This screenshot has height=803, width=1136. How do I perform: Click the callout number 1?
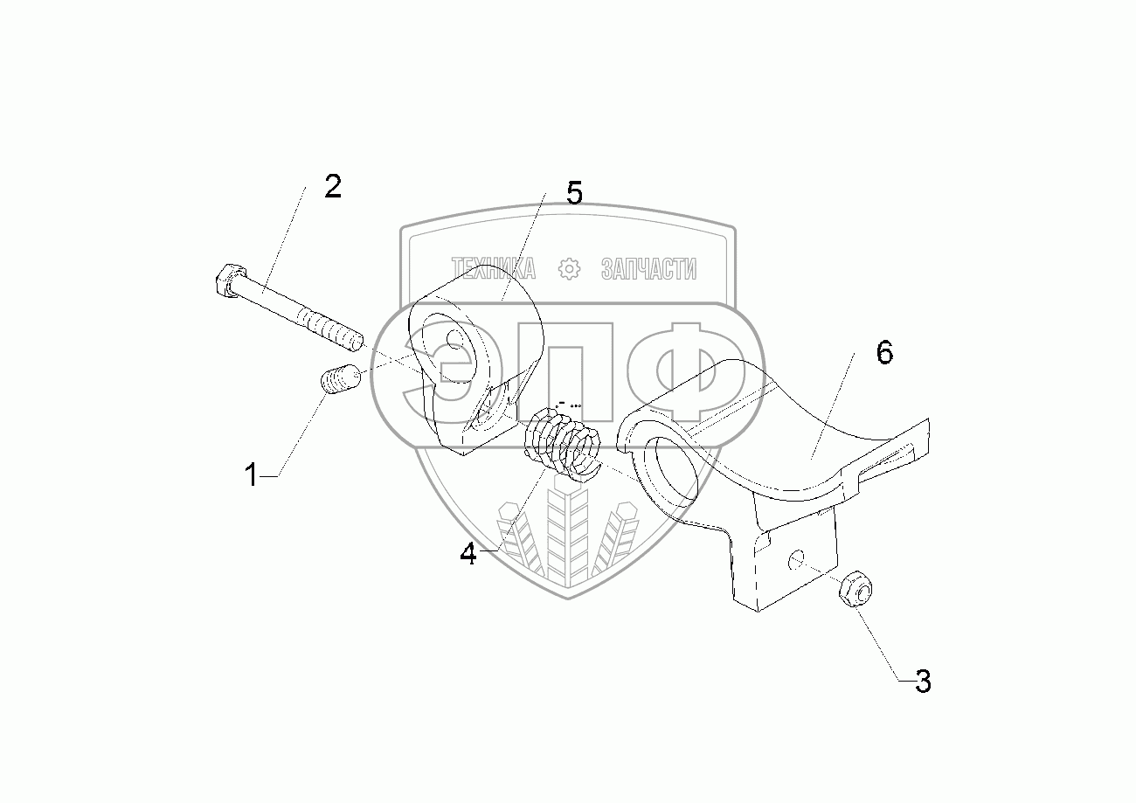[x=251, y=476]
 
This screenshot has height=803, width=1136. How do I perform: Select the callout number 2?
[x=332, y=187]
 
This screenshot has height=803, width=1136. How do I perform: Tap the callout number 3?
[x=923, y=681]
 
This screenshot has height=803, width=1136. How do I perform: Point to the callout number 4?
[x=469, y=554]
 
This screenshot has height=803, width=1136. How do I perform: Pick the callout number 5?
[x=573, y=193]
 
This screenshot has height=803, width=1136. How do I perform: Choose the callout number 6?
[x=884, y=354]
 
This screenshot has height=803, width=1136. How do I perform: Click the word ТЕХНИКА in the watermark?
[x=493, y=269]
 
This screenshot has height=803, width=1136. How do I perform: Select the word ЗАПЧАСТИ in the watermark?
[x=648, y=269]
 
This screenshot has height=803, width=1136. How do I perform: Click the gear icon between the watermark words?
[x=570, y=269]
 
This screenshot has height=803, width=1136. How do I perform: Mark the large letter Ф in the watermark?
[x=690, y=370]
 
